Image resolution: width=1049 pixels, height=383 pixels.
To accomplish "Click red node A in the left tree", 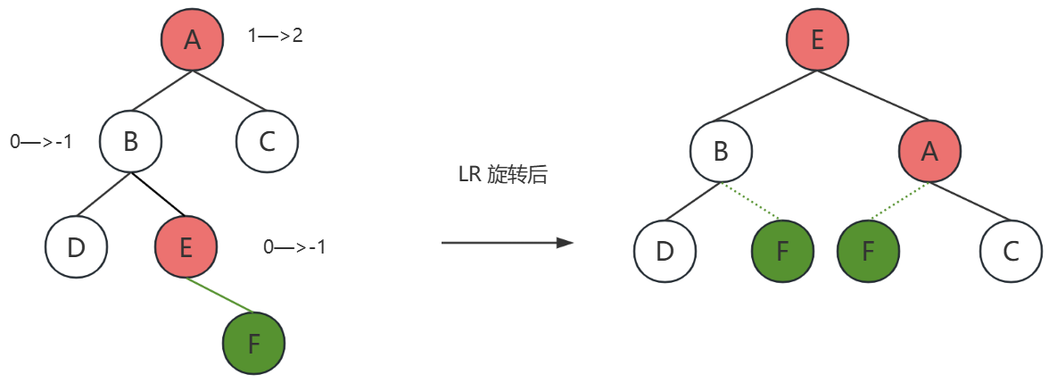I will click(192, 41).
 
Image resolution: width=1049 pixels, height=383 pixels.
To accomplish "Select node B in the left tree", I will click(130, 141).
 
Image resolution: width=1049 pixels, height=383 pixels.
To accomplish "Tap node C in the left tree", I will click(268, 141).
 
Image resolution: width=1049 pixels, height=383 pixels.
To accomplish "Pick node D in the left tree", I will click(76, 247).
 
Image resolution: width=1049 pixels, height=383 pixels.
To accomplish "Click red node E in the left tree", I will click(186, 247).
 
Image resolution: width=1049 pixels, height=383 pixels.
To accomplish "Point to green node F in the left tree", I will click(253, 344).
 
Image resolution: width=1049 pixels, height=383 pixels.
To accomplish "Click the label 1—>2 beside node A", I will click(276, 37).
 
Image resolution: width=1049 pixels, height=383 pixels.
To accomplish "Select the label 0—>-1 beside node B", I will click(41, 141).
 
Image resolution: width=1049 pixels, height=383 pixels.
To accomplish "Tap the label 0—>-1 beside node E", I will click(294, 247).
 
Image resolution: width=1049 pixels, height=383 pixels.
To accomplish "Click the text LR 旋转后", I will click(502, 175).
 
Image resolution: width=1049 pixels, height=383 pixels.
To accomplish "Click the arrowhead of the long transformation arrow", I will click(564, 242).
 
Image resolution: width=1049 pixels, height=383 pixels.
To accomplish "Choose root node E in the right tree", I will click(818, 41).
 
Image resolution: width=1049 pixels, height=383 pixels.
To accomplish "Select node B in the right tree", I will click(721, 152).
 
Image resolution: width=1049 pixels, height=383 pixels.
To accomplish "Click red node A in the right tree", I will click(929, 152).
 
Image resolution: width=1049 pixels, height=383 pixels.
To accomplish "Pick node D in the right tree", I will click(665, 251).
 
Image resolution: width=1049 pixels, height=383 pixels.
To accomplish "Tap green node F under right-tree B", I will click(782, 251).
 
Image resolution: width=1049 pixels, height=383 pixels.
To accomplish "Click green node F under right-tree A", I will click(868, 251).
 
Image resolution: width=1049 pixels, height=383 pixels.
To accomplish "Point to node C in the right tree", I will click(1011, 251).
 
